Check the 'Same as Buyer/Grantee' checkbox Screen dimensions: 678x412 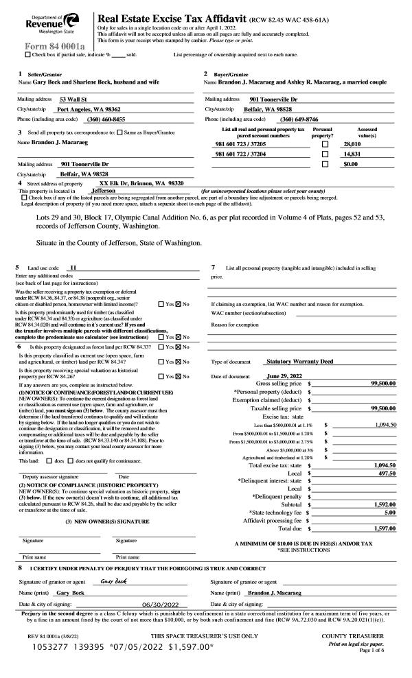(x=120, y=132)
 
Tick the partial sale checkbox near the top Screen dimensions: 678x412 (x=27, y=54)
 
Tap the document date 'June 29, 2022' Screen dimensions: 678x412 (x=285, y=376)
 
